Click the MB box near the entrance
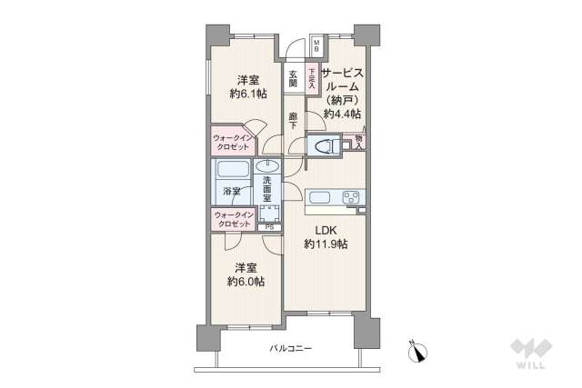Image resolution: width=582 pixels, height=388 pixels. click(316, 46)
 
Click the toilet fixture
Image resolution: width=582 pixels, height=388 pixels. click(323, 145)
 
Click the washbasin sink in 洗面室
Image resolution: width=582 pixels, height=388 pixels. click(266, 165)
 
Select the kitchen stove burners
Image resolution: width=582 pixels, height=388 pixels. click(350, 196)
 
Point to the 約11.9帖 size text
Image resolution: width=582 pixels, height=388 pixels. click(326, 245)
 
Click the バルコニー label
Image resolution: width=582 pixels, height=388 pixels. click(290, 349)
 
